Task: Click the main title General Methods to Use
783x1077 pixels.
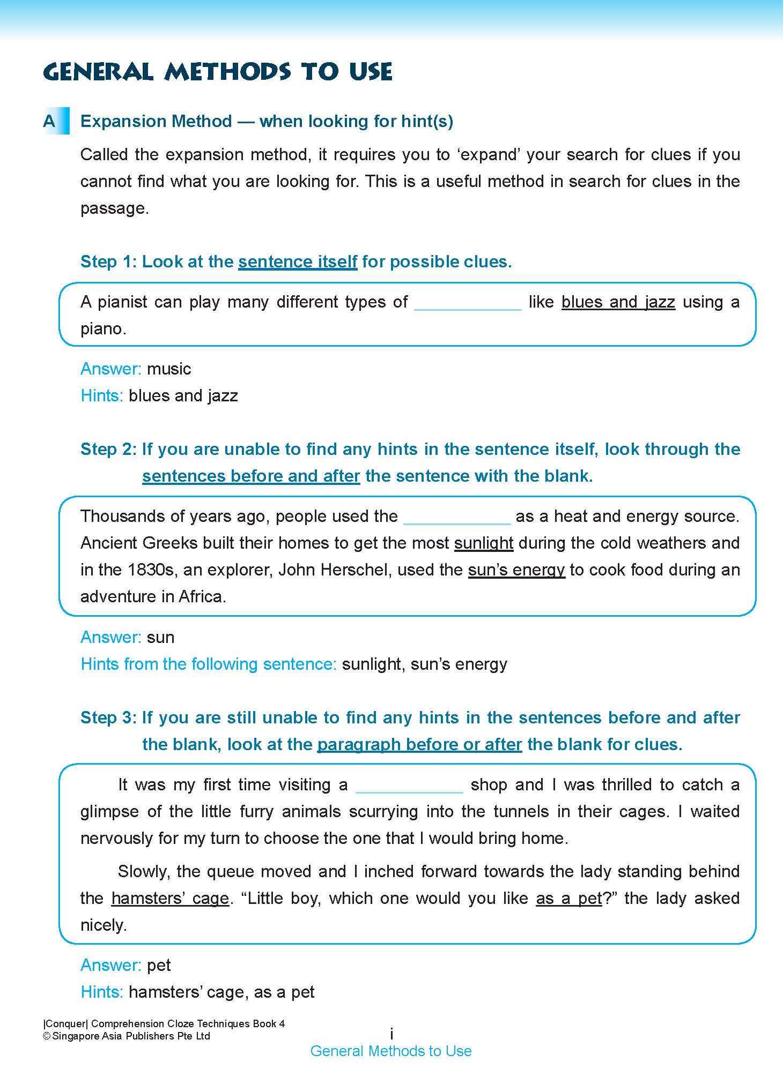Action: click(218, 71)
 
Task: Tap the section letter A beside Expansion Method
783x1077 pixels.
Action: click(49, 122)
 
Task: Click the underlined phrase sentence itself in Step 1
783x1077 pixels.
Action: click(298, 262)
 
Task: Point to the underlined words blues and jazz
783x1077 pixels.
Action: click(618, 302)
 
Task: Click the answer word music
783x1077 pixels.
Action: click(169, 369)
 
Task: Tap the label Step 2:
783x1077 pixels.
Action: click(109, 449)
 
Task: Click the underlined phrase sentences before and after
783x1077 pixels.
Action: click(251, 476)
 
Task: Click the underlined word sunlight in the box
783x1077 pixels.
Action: click(484, 543)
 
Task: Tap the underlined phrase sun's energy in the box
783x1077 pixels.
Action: click(516, 570)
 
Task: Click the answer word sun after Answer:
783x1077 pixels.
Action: click(160, 638)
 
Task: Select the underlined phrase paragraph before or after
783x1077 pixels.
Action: click(419, 745)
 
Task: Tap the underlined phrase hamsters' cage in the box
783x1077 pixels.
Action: click(170, 899)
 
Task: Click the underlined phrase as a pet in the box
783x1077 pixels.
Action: click(569, 899)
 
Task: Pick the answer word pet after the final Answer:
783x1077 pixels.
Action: click(159, 966)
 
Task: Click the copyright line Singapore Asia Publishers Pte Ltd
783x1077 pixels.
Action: click(127, 1036)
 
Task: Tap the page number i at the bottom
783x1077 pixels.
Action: click(391, 1034)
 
